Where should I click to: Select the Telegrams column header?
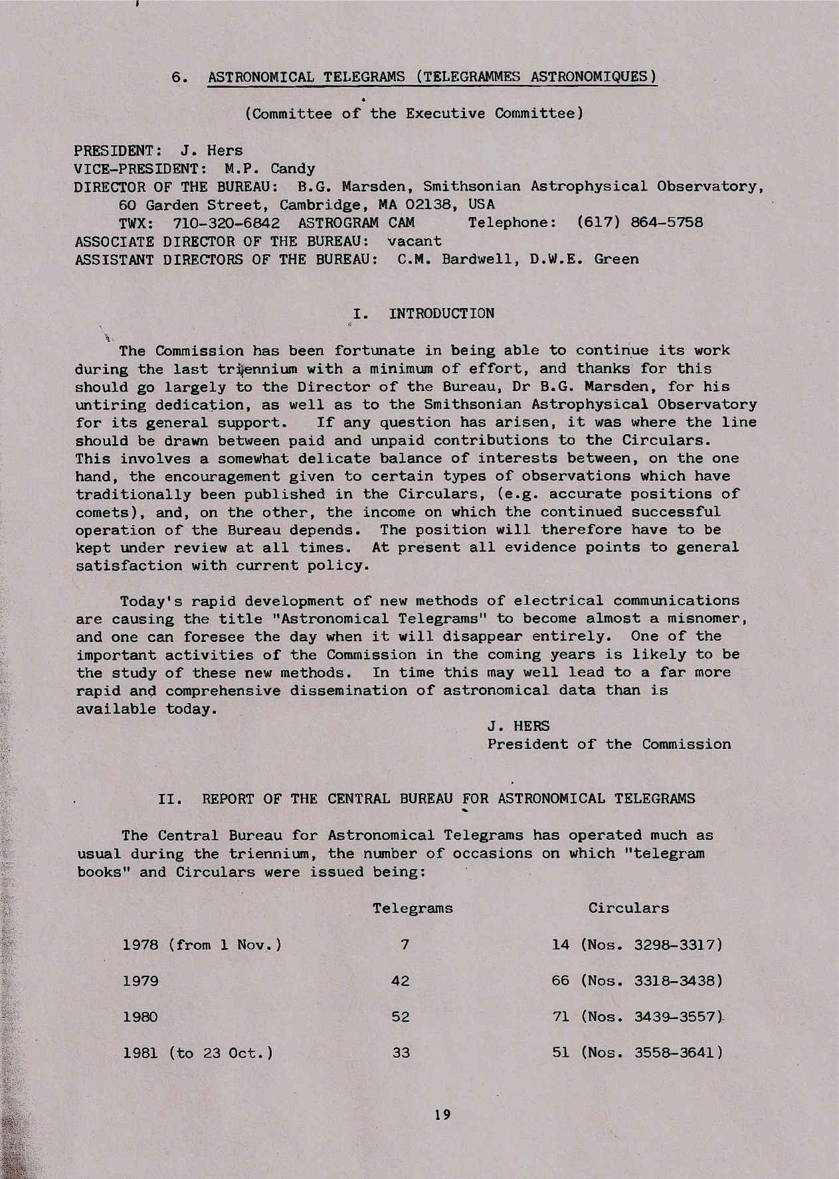413,907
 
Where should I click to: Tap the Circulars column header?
628,907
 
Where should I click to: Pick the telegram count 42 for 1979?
401,981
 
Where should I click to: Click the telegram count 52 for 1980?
401,1016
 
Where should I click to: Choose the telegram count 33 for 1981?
401,1053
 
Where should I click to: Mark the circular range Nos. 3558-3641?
651,1053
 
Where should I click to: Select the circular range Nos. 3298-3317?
651,944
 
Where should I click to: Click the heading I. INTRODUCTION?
424,313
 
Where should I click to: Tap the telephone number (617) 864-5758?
640,222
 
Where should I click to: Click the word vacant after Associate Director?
415,240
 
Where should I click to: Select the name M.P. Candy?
270,169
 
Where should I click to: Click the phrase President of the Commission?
609,744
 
